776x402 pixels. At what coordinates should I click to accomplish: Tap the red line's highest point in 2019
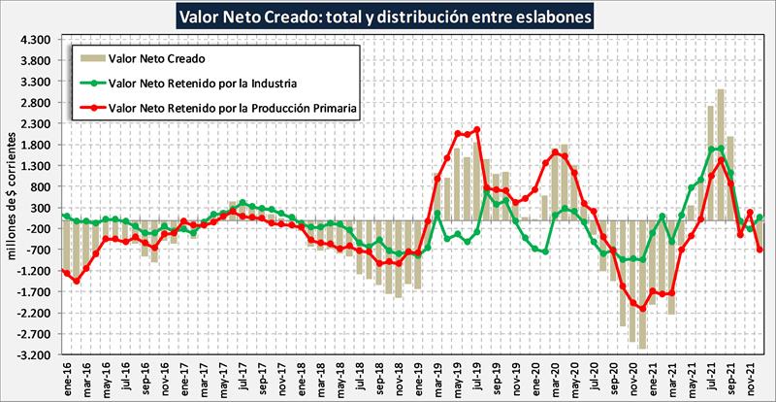pyautogui.click(x=476, y=130)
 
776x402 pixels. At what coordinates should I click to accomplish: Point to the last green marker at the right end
pyautogui.click(x=760, y=218)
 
